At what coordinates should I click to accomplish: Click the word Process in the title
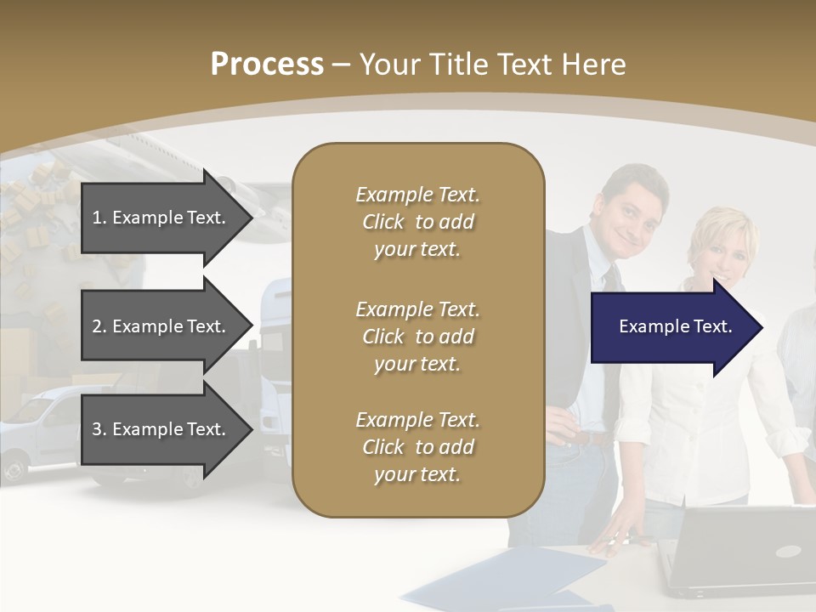267,65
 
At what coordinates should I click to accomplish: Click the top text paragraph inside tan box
418,222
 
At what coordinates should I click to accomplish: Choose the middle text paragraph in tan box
418,337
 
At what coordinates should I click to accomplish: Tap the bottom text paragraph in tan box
418,447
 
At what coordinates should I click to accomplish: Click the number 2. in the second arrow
99,326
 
